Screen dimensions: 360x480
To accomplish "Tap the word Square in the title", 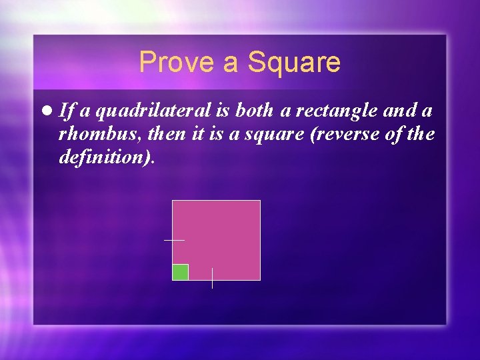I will tap(294, 63).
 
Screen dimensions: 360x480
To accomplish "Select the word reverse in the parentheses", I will tap(341, 135).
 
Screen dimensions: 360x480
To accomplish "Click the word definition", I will tap(106, 158).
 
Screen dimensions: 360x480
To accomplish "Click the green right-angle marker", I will tap(180, 272).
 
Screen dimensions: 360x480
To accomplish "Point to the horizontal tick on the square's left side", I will tap(174, 240).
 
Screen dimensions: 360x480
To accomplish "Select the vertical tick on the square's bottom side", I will tap(212, 279).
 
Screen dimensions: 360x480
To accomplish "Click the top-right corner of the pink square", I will tap(259, 201).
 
